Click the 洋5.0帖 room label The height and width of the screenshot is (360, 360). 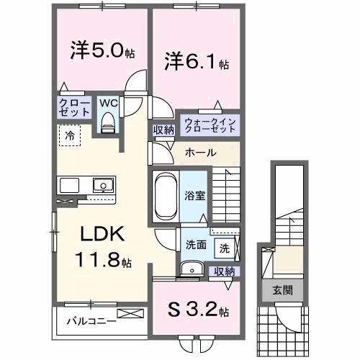[102, 53]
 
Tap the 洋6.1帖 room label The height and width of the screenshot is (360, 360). [197, 60]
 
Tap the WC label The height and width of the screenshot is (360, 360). [109, 104]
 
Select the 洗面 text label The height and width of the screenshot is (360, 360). [196, 244]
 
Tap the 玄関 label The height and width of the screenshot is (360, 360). [282, 291]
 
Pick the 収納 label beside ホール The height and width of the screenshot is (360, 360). [163, 130]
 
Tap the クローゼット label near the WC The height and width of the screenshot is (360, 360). [75, 108]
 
